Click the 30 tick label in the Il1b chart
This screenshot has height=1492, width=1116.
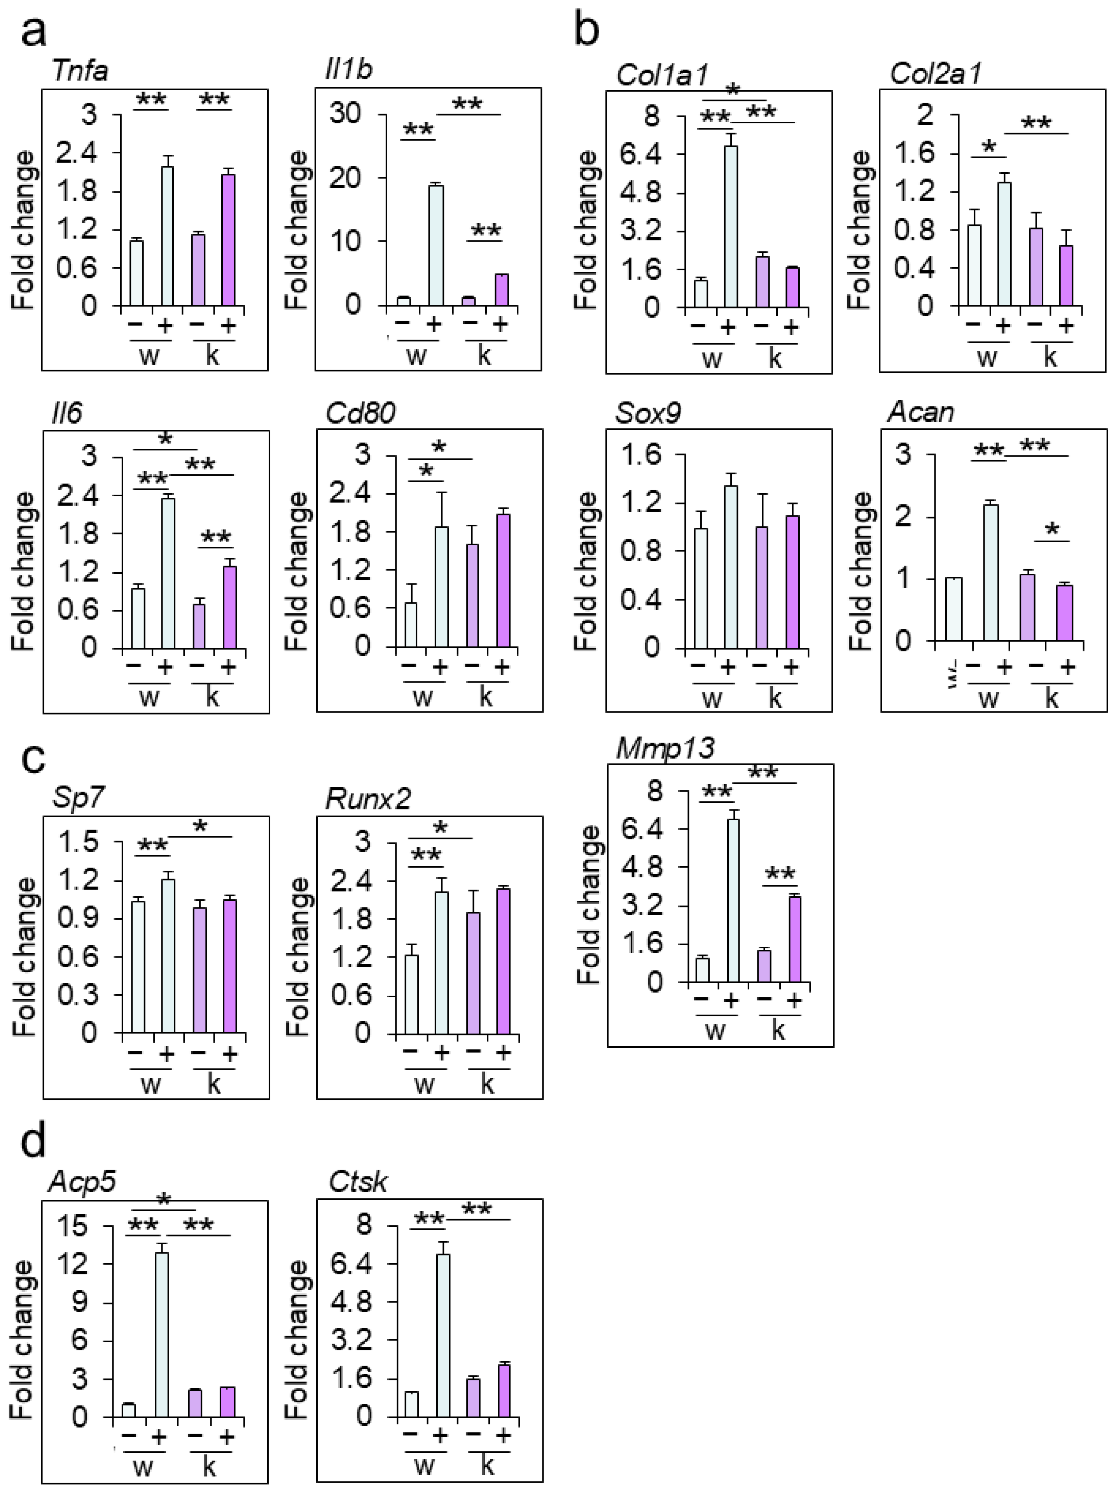pos(345,113)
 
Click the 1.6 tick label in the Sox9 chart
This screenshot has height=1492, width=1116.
pos(640,455)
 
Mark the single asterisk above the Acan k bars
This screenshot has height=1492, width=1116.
pos(1052,529)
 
